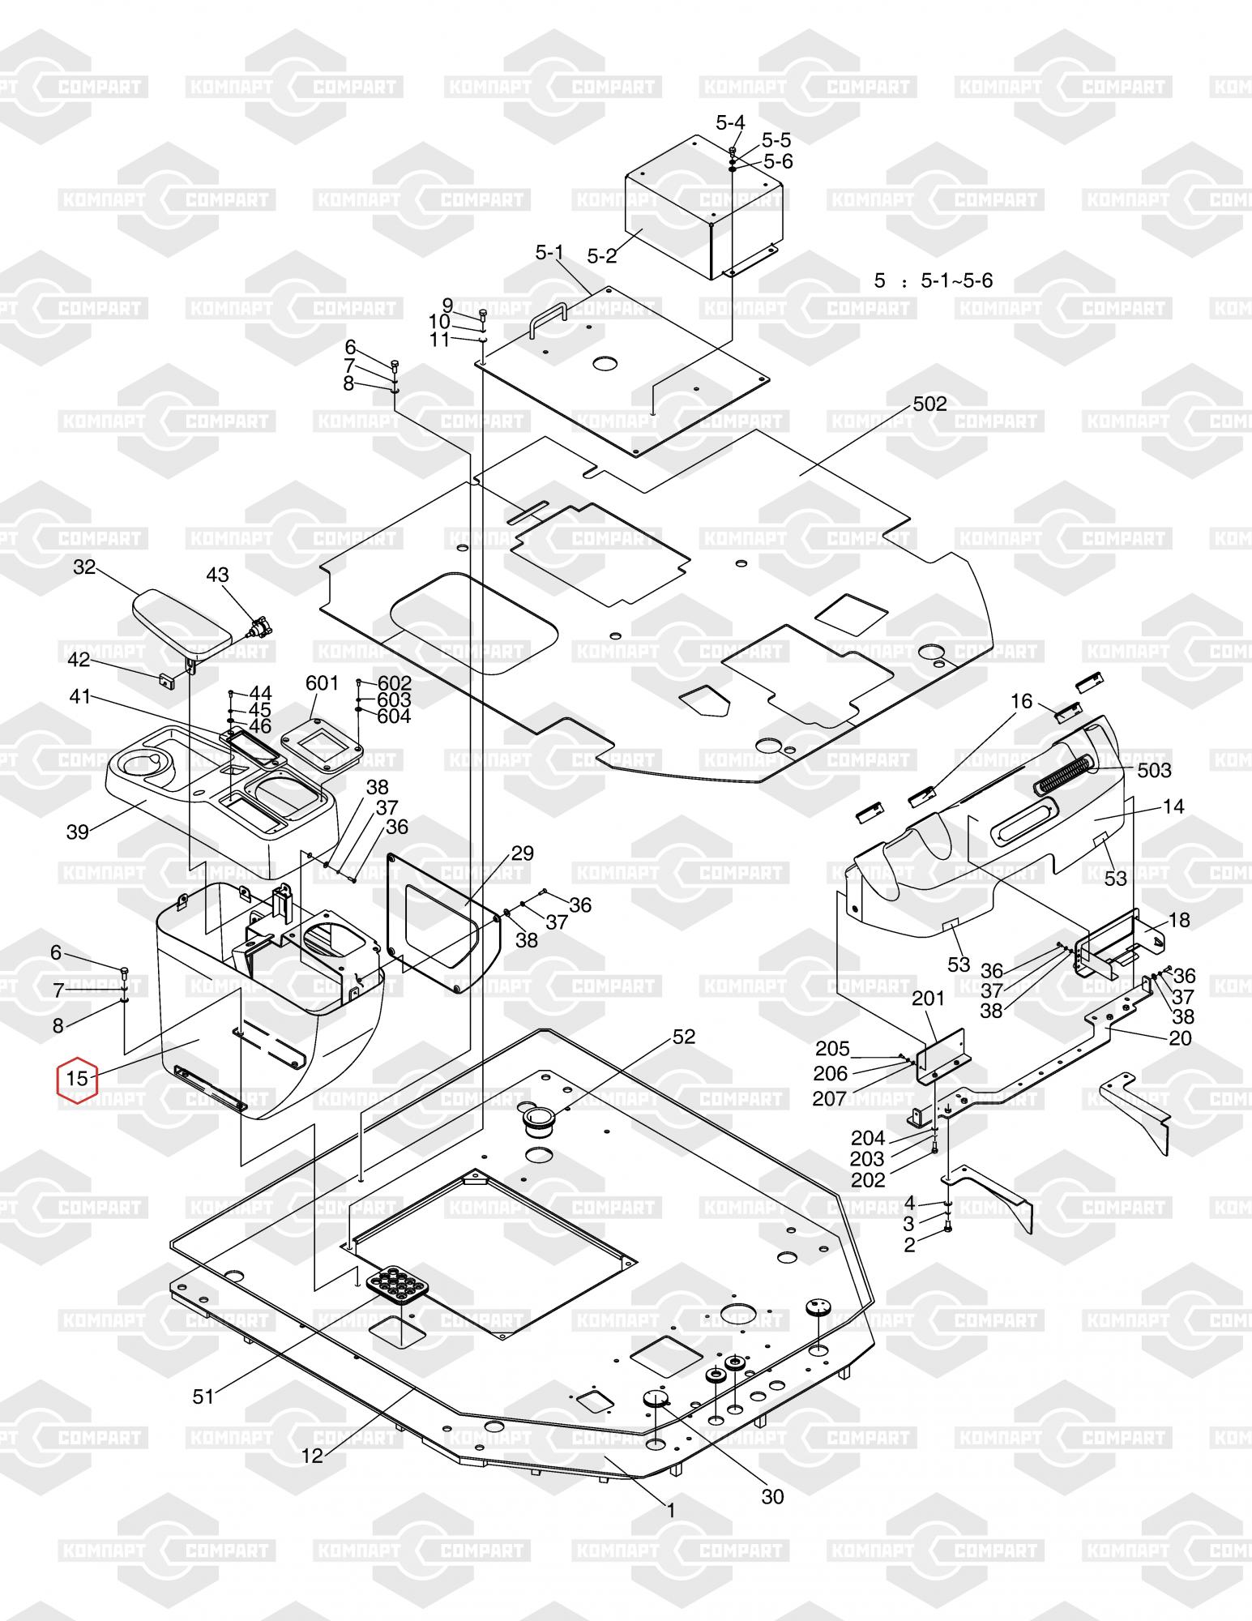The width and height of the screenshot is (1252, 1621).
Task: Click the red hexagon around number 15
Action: [x=76, y=1079]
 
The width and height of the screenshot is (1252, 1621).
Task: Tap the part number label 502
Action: [x=929, y=404]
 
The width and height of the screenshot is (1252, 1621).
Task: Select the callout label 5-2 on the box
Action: [x=601, y=256]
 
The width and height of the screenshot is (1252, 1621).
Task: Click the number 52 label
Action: [x=684, y=1037]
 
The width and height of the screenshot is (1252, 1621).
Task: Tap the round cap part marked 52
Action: [x=539, y=1122]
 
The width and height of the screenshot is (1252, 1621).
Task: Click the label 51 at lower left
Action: [x=203, y=1396]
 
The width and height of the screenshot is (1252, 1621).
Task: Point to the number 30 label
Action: [x=772, y=1497]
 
